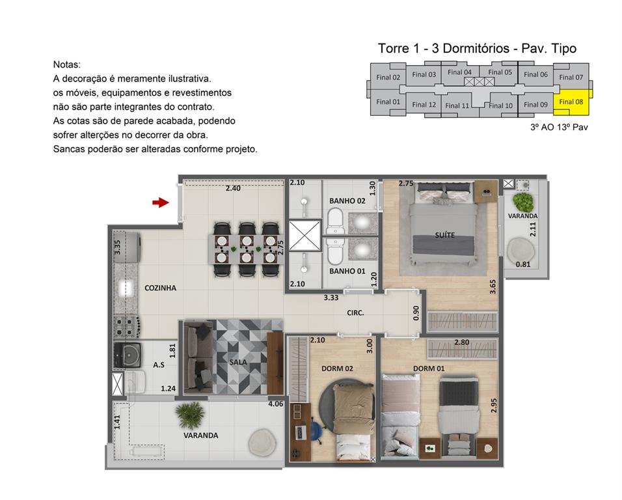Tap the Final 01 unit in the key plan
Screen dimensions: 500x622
[388, 102]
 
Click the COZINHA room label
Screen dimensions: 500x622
[160, 288]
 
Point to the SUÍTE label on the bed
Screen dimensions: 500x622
[445, 234]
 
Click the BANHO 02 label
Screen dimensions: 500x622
[347, 201]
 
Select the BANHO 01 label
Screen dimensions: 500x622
[347, 271]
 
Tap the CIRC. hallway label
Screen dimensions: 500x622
[355, 312]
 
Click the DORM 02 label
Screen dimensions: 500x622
[337, 368]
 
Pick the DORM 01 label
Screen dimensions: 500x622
[429, 368]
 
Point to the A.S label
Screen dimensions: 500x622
[158, 365]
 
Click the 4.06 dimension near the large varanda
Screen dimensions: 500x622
[276, 404]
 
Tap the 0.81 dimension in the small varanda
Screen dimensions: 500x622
[522, 264]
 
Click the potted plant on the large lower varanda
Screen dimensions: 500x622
[191, 414]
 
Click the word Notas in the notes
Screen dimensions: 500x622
[67, 65]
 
